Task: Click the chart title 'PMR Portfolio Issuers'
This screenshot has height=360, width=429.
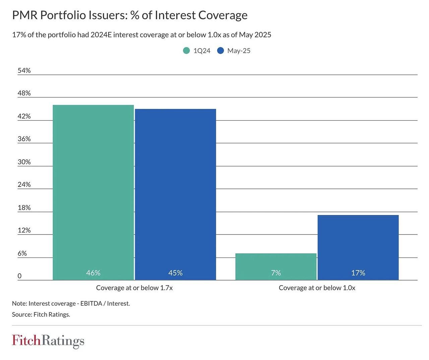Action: click(130, 15)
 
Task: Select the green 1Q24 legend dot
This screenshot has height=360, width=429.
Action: click(186, 51)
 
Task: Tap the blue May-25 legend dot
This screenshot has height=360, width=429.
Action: click(221, 51)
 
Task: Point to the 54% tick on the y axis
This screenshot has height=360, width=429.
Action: click(24, 70)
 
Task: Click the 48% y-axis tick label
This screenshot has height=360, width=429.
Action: click(24, 93)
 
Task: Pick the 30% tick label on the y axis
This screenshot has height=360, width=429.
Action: click(24, 162)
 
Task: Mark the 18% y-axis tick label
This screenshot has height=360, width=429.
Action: click(24, 208)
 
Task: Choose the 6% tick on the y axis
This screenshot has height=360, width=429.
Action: click(22, 253)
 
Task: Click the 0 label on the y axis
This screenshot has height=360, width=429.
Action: click(19, 276)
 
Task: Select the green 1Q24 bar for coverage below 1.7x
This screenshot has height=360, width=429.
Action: click(93, 191)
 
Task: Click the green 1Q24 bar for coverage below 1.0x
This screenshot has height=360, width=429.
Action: click(276, 265)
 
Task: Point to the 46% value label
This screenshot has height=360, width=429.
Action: click(93, 273)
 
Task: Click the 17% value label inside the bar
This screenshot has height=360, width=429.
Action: click(358, 273)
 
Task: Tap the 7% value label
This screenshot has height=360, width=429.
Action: click(276, 273)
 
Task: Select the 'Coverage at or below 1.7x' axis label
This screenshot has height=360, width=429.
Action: click(134, 288)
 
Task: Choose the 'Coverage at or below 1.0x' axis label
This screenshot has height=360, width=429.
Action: click(317, 288)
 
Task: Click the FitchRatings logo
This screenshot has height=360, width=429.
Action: click(48, 341)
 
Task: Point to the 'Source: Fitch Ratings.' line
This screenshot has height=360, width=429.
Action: click(41, 314)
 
